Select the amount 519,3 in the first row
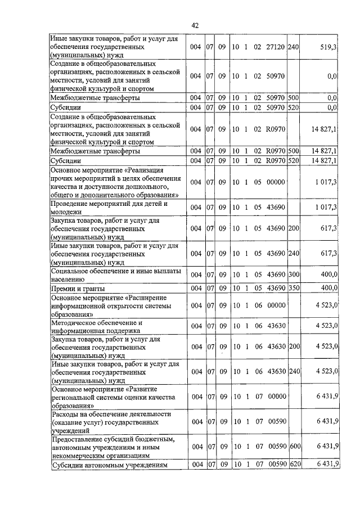point(327,48)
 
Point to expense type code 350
point(293,289)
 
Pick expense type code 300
point(293,275)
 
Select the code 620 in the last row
point(293,464)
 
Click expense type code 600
point(293,446)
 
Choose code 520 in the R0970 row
point(293,161)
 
